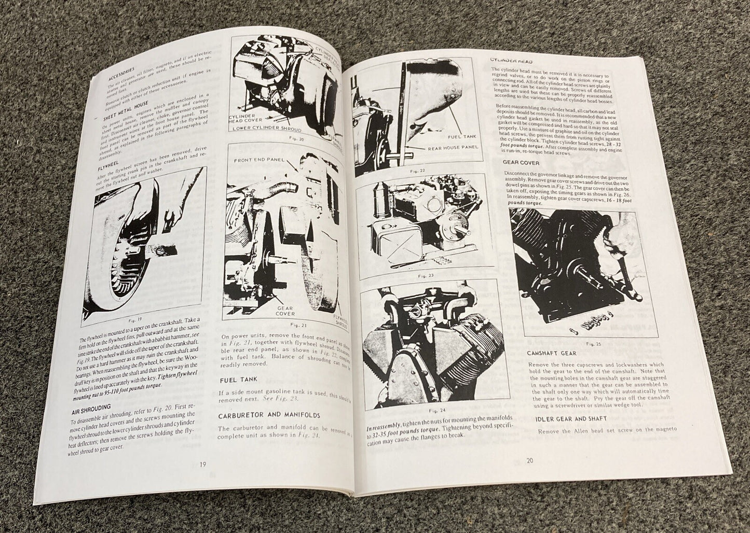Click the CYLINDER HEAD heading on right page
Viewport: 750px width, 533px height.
tap(512, 61)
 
